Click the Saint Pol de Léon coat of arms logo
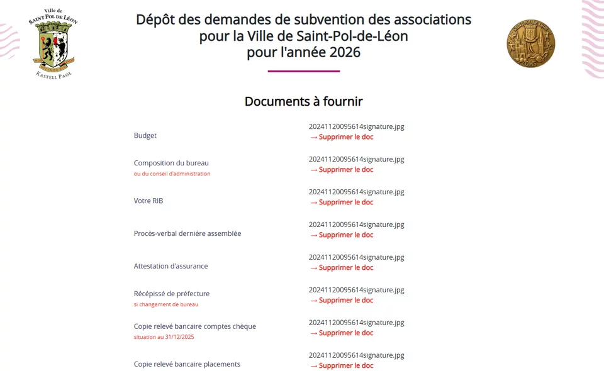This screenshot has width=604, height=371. (53, 43)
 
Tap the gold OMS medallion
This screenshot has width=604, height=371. (530, 43)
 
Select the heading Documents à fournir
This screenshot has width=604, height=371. (303, 101)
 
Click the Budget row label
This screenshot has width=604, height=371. (145, 135)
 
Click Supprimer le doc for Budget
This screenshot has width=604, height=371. (342, 136)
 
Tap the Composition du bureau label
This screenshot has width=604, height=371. (171, 163)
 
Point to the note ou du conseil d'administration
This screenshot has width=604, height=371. (172, 174)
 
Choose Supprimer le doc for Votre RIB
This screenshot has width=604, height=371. (342, 202)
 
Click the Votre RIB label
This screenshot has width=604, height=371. (148, 201)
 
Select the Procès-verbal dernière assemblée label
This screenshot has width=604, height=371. (187, 233)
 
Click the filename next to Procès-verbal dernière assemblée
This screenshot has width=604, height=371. (356, 224)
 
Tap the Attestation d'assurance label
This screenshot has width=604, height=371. (171, 266)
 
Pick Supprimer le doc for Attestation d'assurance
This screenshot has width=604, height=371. (342, 267)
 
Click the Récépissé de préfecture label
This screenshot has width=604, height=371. (172, 294)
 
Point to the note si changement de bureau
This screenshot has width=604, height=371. (166, 304)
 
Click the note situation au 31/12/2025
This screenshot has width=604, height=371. (164, 337)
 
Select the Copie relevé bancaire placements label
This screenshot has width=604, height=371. (187, 364)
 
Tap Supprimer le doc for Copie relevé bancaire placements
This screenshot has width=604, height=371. (342, 365)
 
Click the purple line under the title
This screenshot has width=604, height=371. (303, 71)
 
